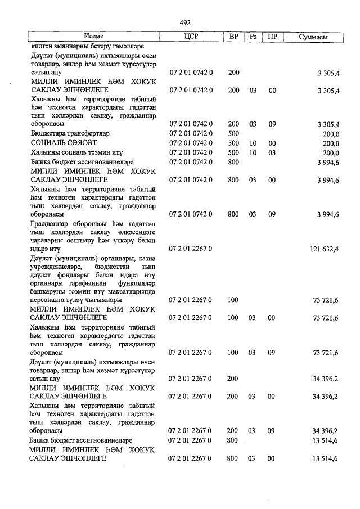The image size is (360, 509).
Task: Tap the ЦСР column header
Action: click(x=191, y=37)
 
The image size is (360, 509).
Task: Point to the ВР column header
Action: click(x=234, y=37)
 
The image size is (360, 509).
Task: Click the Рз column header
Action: click(x=254, y=37)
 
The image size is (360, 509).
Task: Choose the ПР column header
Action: click(x=272, y=37)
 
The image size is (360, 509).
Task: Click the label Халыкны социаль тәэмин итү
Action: click(x=77, y=152)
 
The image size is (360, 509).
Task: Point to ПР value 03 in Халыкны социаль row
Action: click(x=272, y=152)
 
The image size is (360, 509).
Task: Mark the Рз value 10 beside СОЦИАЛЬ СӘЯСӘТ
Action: click(x=253, y=143)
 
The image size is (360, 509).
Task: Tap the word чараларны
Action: click(x=49, y=240)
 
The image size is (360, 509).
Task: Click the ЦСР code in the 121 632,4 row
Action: click(x=191, y=248)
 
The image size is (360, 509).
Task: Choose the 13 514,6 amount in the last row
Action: click(x=325, y=459)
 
